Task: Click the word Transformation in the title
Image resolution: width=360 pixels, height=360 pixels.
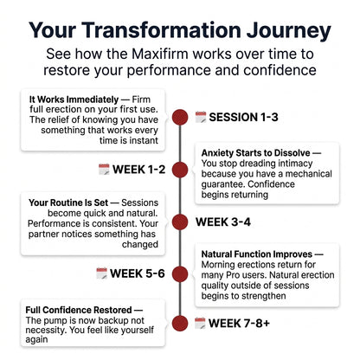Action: click(162, 30)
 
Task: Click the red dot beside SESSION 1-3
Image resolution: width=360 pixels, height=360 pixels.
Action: click(180, 117)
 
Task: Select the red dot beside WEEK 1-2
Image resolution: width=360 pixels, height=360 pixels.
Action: click(180, 170)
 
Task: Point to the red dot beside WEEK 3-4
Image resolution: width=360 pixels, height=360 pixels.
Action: click(180, 222)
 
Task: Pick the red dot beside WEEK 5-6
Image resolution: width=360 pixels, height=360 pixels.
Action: click(180, 273)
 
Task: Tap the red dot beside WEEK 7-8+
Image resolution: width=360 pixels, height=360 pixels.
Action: click(180, 323)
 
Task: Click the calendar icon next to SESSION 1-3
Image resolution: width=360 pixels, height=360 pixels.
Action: click(201, 117)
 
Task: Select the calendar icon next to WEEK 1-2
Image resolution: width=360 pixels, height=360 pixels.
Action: click(104, 170)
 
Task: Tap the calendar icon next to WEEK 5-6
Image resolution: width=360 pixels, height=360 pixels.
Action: click(101, 273)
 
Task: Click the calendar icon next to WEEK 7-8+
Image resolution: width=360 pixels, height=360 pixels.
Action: click(200, 323)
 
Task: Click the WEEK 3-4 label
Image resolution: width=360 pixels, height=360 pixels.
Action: click(223, 222)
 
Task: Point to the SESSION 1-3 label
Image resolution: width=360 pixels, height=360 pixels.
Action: click(243, 117)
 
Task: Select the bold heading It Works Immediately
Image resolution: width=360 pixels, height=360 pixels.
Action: click(74, 100)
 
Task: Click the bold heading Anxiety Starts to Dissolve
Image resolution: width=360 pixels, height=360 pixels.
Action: click(256, 153)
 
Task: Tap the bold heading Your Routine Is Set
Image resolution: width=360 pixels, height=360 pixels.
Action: click(68, 202)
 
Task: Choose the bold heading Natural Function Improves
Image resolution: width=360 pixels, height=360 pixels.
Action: click(257, 254)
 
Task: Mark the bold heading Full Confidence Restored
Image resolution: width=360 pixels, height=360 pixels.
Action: click(79, 310)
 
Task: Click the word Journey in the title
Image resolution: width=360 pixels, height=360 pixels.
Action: click(289, 31)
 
